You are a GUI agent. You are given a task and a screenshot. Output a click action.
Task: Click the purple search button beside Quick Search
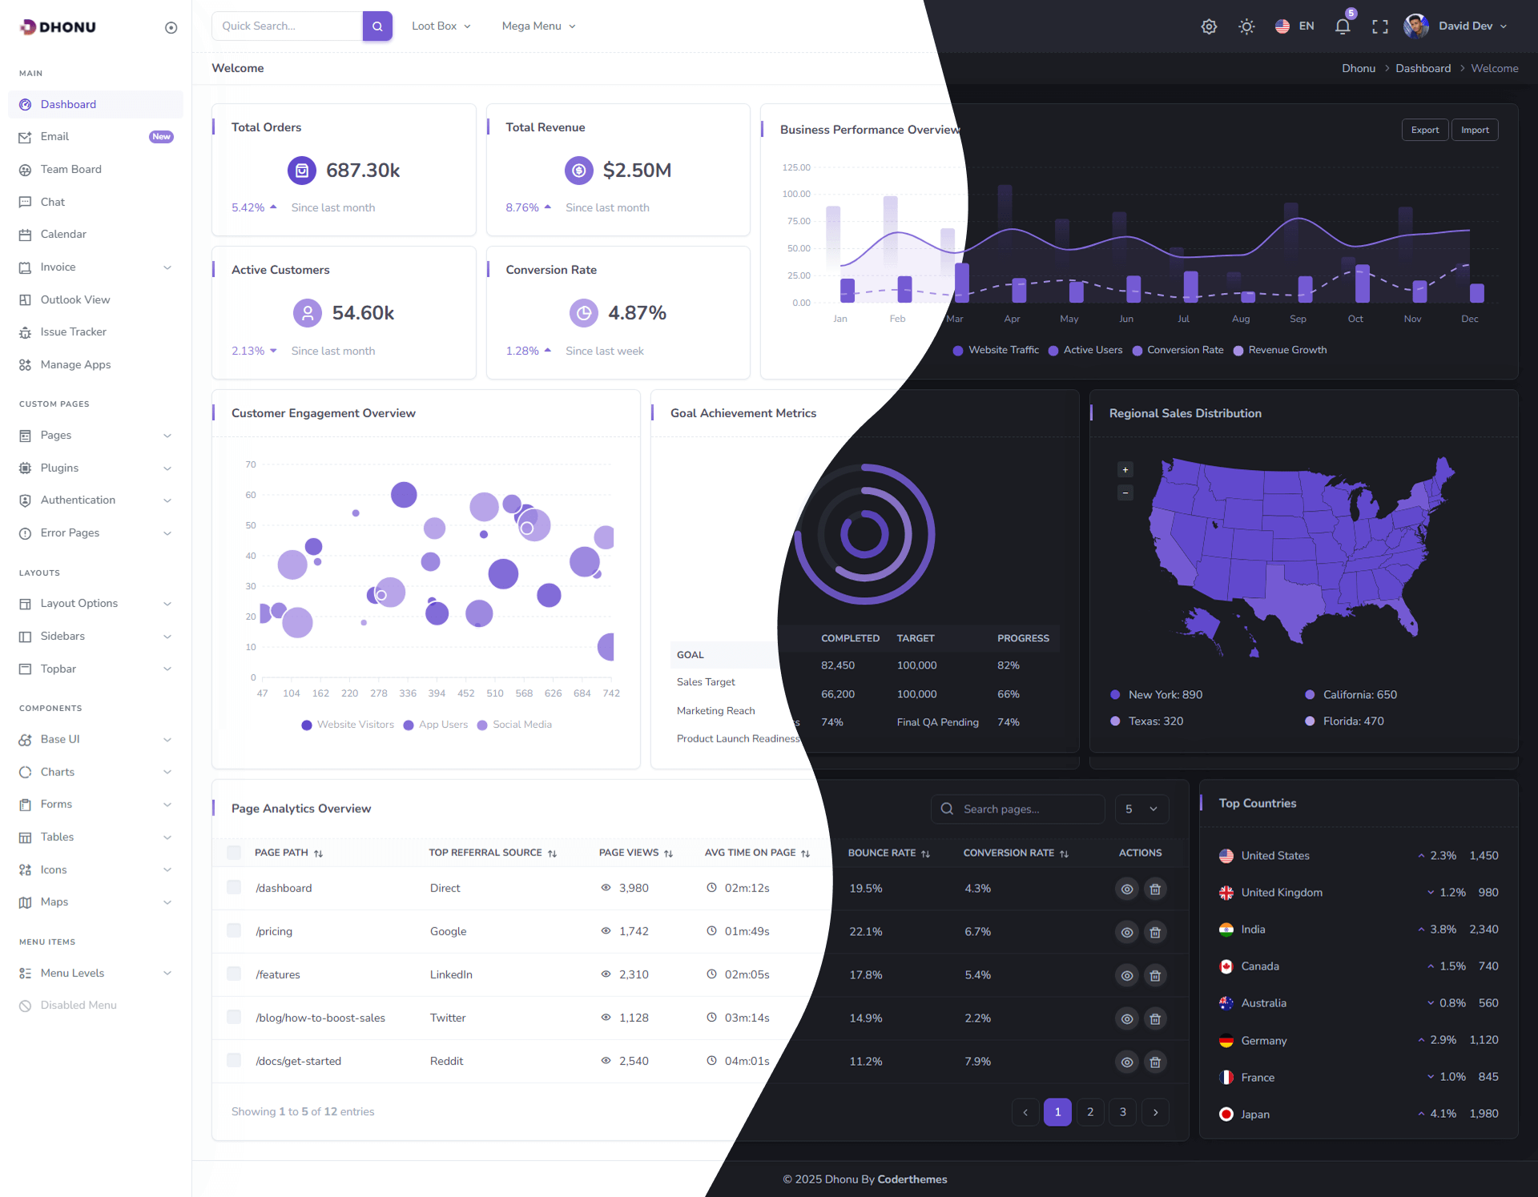coord(377,26)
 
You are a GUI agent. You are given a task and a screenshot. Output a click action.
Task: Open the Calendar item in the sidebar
coord(63,235)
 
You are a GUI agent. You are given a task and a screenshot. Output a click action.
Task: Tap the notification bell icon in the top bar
coord(1343,26)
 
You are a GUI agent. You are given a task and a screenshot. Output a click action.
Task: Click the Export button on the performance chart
coord(1424,130)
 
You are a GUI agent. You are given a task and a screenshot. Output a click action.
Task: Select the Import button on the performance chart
coord(1474,130)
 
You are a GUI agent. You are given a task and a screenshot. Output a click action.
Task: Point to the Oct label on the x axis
coord(1355,319)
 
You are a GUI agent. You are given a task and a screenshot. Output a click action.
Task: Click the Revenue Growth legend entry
coord(1286,350)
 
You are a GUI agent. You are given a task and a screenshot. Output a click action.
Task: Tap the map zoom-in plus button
coord(1125,470)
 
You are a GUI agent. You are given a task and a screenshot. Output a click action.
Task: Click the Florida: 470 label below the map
coord(1353,721)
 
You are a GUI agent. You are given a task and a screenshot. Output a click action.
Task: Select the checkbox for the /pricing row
coord(234,930)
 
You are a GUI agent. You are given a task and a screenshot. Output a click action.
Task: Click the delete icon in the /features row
coord(1155,975)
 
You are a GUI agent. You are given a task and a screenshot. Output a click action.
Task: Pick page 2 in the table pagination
coord(1090,1112)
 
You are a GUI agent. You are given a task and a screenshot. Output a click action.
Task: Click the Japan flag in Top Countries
coord(1226,1115)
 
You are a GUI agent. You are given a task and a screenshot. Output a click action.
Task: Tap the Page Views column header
coord(629,853)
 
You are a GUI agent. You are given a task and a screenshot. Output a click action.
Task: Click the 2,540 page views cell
coord(634,1062)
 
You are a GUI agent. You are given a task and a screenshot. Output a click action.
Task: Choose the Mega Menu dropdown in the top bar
coord(538,26)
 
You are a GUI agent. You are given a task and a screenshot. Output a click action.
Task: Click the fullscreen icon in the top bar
coord(1380,26)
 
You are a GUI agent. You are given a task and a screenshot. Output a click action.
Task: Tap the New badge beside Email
coord(161,137)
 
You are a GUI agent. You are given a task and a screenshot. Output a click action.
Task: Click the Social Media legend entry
coord(521,725)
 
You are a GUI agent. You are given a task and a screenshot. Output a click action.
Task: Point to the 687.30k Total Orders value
coord(363,171)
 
